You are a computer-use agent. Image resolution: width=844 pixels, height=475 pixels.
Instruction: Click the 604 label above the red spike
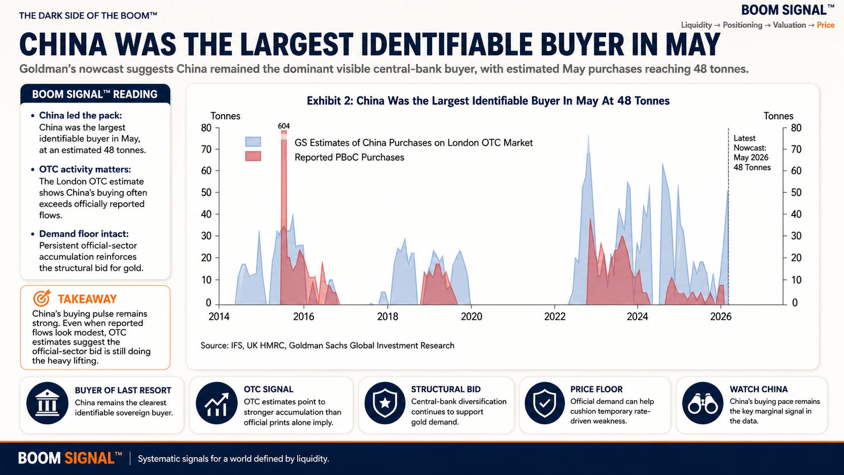(x=284, y=126)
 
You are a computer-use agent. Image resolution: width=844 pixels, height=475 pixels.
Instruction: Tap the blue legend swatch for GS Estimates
(x=253, y=142)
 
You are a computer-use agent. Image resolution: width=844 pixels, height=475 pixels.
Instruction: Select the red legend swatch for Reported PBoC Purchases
(x=253, y=156)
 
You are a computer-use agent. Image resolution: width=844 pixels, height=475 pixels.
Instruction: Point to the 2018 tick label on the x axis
(x=388, y=316)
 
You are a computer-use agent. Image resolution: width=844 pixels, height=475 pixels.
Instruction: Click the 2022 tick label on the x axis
(x=555, y=316)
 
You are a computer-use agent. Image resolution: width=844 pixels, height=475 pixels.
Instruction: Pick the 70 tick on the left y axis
(x=206, y=149)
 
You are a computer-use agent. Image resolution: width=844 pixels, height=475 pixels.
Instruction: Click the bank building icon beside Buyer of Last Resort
(x=47, y=403)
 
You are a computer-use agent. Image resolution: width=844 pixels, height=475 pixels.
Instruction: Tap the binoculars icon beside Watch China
(x=703, y=403)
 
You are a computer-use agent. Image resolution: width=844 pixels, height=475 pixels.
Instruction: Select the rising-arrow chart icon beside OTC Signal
(x=217, y=403)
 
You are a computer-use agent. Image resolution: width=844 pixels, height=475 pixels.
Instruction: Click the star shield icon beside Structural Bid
(x=385, y=403)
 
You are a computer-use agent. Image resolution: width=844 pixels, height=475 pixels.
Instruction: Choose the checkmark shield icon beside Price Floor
(x=545, y=403)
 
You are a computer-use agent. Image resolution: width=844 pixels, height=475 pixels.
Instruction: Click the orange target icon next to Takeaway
(x=41, y=298)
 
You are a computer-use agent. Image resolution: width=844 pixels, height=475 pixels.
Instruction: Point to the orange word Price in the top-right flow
(x=825, y=25)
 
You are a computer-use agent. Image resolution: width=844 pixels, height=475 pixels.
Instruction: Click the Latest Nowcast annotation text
(x=752, y=152)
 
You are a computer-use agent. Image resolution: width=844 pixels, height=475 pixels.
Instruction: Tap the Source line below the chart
(x=327, y=345)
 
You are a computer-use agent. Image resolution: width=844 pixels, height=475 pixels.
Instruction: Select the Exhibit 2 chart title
(x=488, y=100)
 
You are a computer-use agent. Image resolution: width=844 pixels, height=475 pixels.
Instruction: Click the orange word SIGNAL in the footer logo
(x=89, y=458)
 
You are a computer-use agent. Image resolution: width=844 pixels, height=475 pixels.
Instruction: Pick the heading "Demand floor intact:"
(x=84, y=234)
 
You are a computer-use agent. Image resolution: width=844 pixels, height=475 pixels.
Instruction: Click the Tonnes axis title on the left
(x=225, y=116)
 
